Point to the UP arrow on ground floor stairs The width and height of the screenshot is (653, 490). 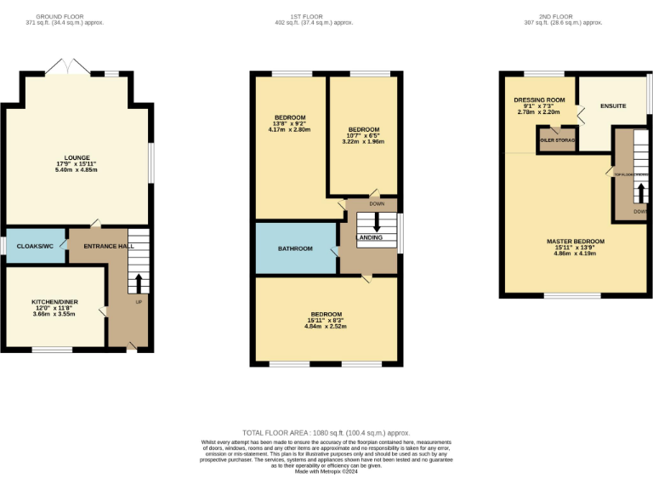point(139,282)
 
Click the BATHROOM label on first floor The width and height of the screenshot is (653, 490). point(295,248)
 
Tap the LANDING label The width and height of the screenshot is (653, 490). point(370,237)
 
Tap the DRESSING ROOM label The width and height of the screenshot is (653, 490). point(539,100)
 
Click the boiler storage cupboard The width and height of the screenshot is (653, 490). point(557,140)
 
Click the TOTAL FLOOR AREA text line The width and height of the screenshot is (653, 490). point(326,433)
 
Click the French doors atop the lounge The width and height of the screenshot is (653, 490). point(65,69)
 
